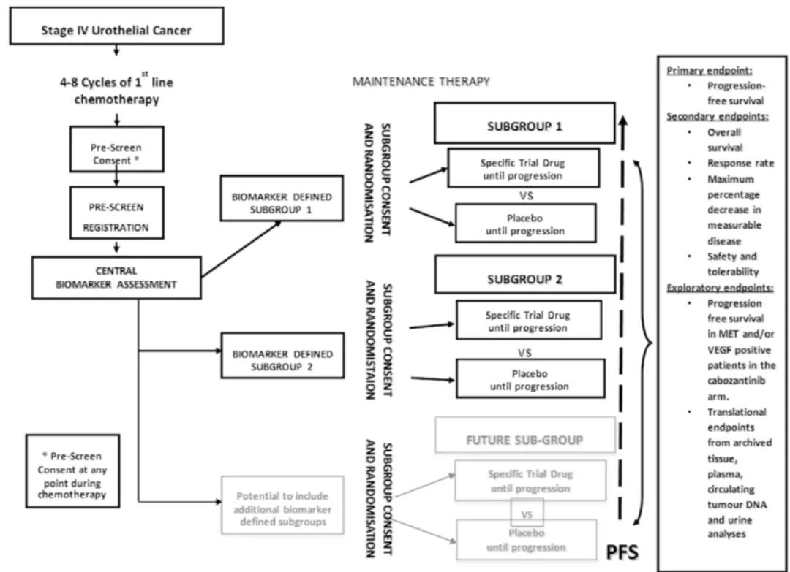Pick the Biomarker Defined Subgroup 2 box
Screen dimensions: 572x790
click(x=282, y=359)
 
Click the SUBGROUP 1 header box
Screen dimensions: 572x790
click(x=524, y=123)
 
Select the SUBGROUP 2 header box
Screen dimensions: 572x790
click(x=524, y=278)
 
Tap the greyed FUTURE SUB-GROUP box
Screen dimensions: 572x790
click(x=524, y=440)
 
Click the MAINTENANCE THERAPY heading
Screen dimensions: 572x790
click(x=421, y=82)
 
